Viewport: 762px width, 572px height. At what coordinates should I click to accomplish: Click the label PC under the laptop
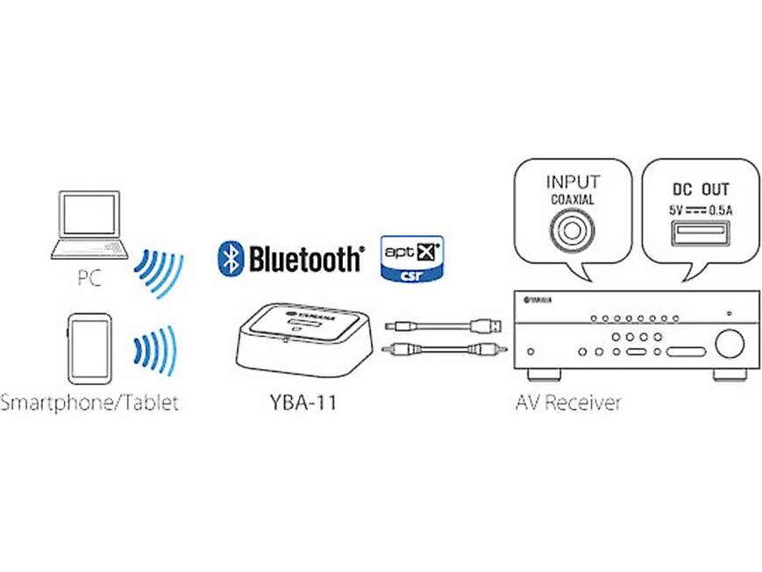point(89,280)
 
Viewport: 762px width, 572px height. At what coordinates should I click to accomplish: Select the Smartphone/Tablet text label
point(89,404)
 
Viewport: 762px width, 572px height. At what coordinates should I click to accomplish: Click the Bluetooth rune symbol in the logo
point(230,259)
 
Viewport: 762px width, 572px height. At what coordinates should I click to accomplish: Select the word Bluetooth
point(304,259)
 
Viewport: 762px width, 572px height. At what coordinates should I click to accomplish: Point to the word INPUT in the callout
point(573,182)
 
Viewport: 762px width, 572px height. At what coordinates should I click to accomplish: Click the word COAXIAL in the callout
point(573,200)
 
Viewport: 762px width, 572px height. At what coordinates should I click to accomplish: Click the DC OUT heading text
point(700,189)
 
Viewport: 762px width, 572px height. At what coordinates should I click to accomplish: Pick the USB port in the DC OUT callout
point(700,236)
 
